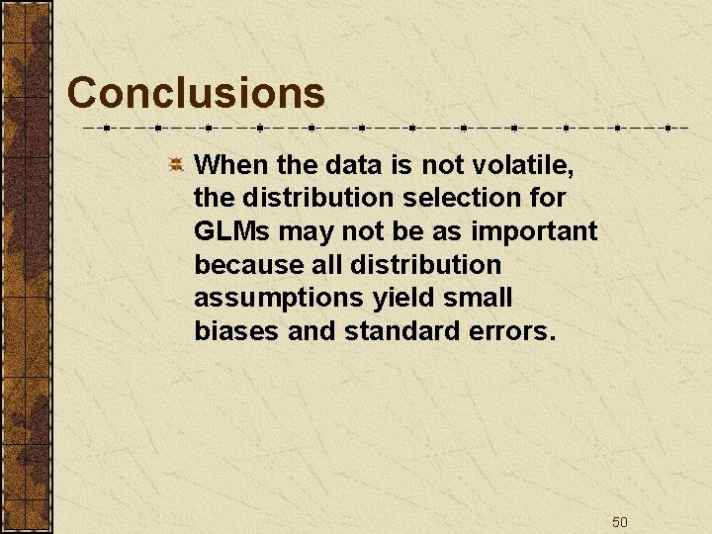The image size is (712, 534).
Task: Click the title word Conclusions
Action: (x=196, y=93)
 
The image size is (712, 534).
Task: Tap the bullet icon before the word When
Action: (x=174, y=164)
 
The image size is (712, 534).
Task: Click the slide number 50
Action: (x=620, y=522)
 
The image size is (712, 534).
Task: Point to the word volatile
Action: (x=523, y=164)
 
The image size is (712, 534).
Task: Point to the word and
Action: (x=312, y=332)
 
